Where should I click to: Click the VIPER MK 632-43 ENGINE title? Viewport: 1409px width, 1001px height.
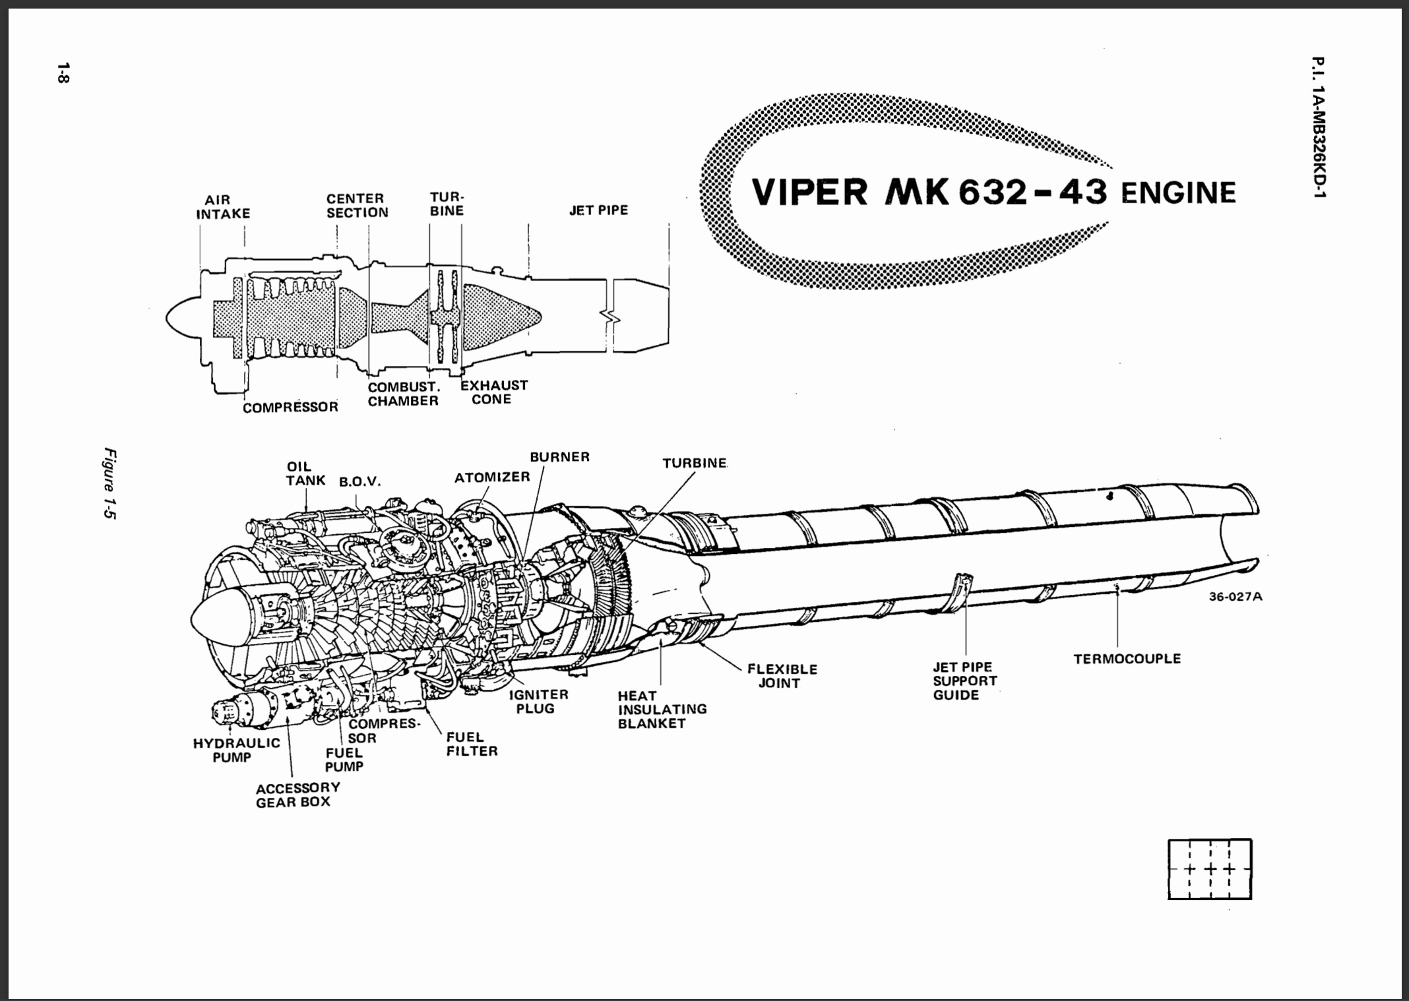tap(993, 192)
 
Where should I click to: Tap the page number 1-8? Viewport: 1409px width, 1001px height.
tap(63, 73)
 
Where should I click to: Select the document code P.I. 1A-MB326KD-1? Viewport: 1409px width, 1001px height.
tap(1318, 127)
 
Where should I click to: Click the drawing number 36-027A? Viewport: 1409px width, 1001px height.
tap(1235, 597)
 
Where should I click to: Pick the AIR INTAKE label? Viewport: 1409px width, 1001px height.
tap(223, 206)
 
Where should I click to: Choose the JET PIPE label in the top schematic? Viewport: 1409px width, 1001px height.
tap(598, 210)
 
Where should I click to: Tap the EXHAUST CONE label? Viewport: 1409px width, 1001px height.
tap(493, 392)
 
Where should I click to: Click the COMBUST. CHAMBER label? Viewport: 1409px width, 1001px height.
tap(403, 394)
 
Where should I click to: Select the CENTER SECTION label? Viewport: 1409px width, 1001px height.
tap(357, 205)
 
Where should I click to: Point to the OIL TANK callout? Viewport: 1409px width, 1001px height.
tap(305, 473)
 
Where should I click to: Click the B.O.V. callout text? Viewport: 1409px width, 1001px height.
tap(360, 481)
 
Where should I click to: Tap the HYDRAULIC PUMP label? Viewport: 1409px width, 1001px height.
tap(236, 750)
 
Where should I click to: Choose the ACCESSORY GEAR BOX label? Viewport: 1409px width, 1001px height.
tap(297, 795)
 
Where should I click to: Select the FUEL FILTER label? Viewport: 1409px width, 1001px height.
tap(472, 744)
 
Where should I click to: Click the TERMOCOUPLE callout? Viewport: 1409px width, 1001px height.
tap(1127, 658)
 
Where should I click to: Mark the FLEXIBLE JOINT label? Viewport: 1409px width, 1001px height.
tap(782, 676)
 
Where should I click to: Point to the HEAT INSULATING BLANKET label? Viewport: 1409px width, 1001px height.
tap(662, 709)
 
